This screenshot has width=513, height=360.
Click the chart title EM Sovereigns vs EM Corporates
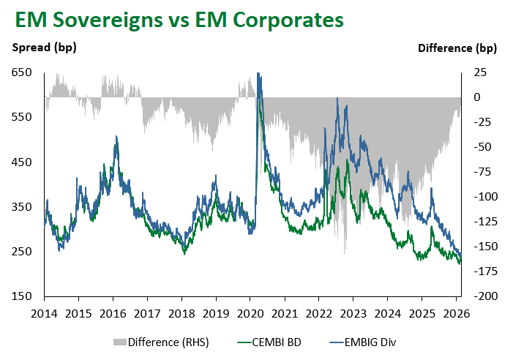pyautogui.click(x=176, y=20)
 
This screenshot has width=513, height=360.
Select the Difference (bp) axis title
pyautogui.click(x=457, y=49)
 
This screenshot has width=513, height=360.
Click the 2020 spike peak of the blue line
pyautogui.click(x=258, y=73)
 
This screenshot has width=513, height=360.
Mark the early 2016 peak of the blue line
pyautogui.click(x=116, y=136)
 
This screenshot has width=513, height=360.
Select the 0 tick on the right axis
pyautogui.click(x=477, y=97)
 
